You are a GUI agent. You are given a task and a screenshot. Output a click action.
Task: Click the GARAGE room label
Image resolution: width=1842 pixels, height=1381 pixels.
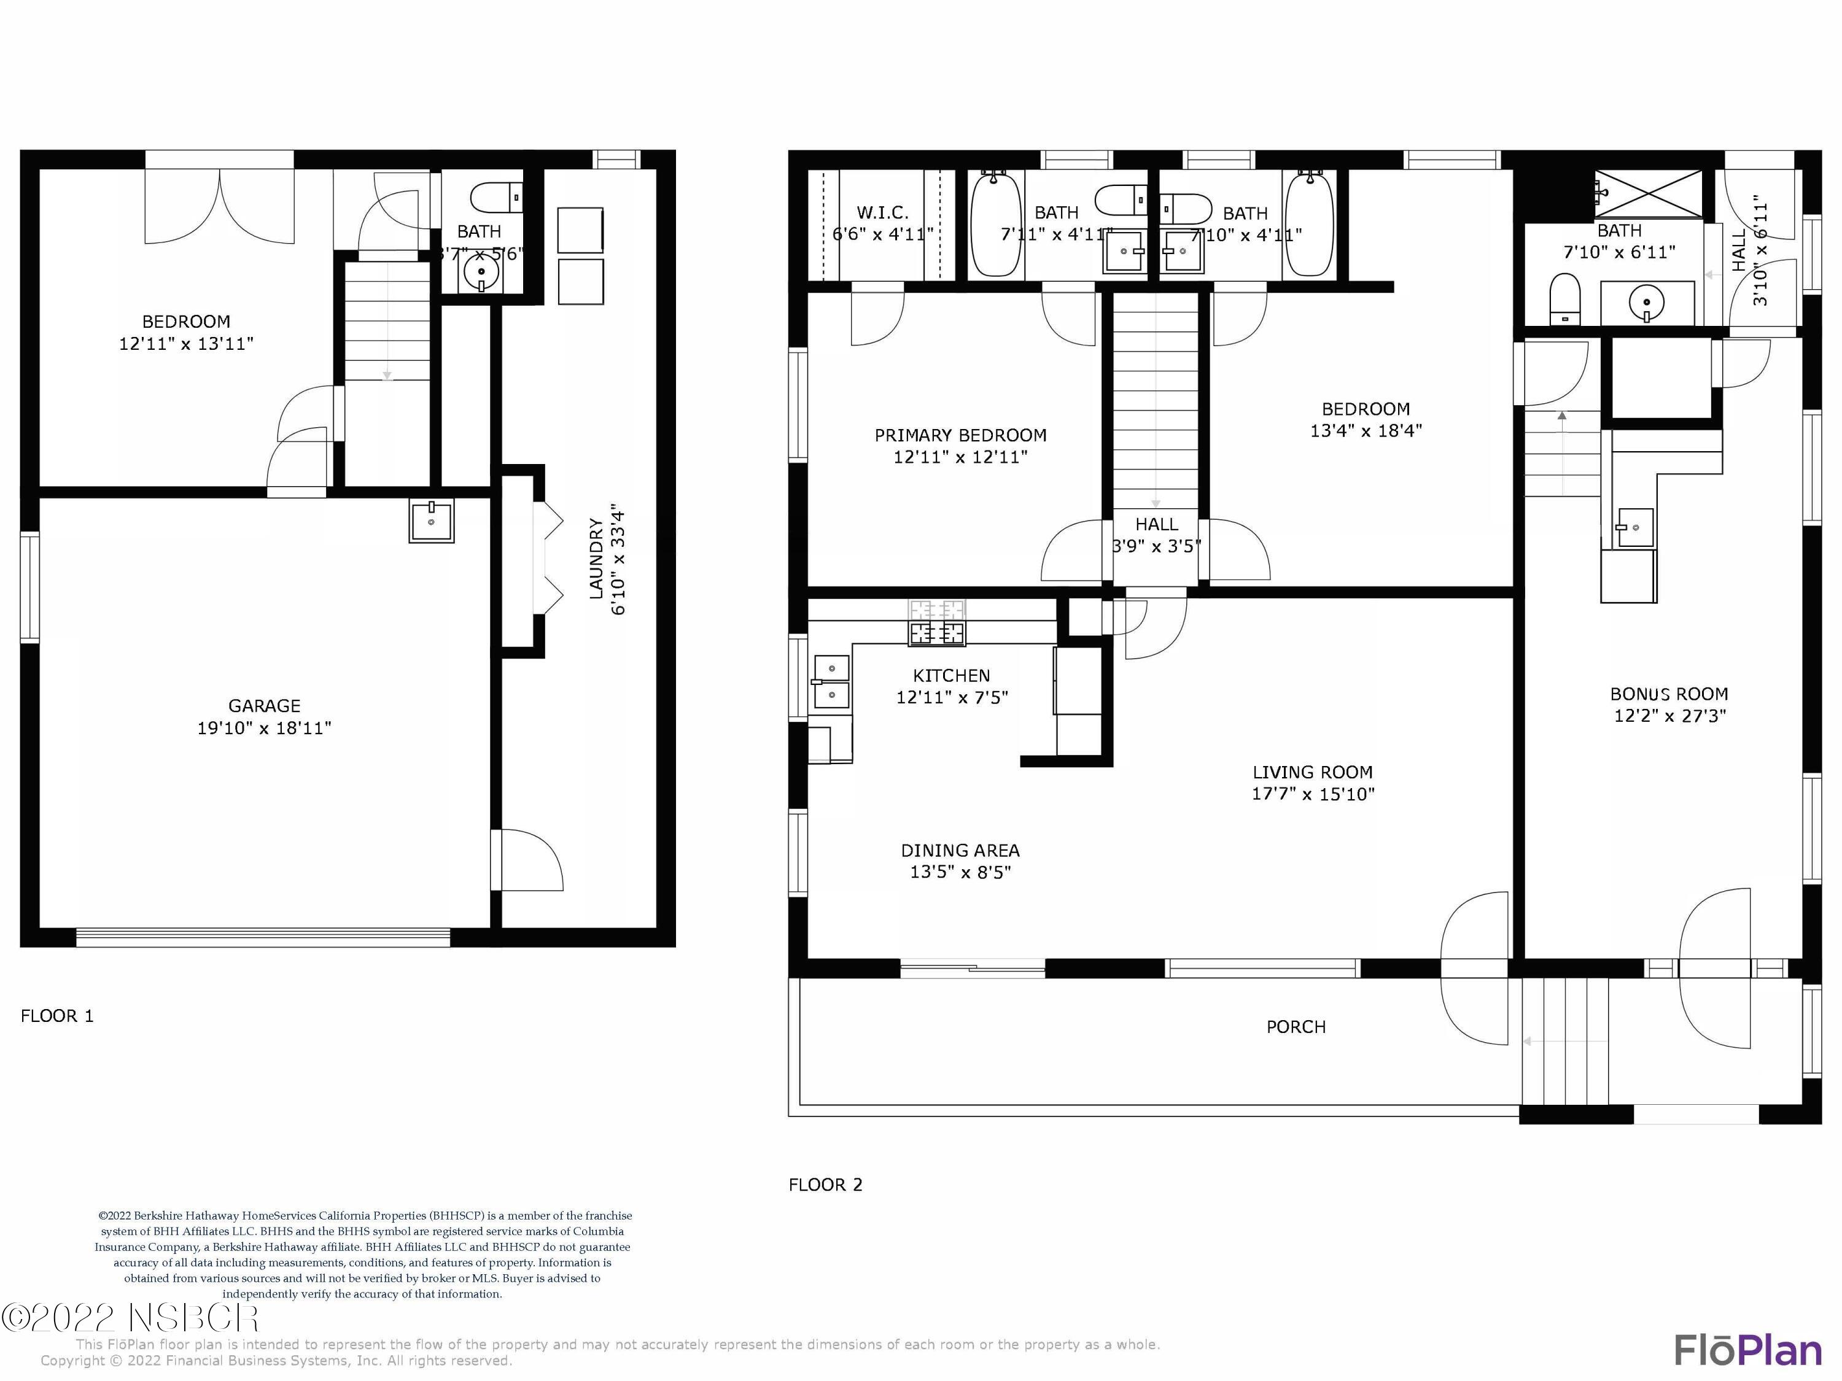tap(264, 706)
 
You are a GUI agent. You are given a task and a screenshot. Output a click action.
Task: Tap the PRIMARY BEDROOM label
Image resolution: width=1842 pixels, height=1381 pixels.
tap(960, 435)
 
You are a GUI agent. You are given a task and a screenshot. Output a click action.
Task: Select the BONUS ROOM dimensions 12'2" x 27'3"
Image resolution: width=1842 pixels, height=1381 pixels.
tap(1669, 716)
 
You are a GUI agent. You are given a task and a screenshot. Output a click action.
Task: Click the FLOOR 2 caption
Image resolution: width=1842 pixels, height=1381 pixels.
tap(825, 1185)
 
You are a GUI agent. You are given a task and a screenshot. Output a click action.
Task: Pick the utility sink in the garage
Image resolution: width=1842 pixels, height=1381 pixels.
tap(432, 521)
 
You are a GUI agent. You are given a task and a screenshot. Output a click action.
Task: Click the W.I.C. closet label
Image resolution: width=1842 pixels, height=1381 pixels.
tap(883, 213)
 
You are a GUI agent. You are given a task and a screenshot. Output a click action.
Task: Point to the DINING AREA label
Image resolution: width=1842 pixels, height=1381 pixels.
tap(960, 851)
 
